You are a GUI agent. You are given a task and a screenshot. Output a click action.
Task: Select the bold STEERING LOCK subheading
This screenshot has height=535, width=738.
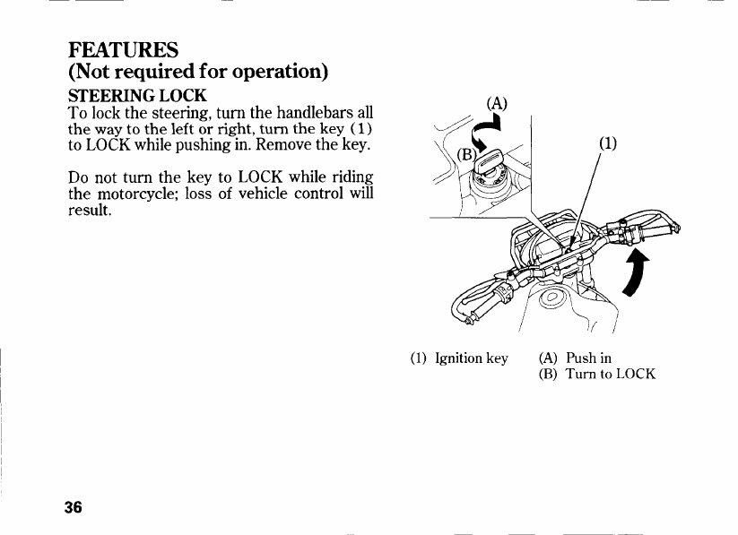(137, 94)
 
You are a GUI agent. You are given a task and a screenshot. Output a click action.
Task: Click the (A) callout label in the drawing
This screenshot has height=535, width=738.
(497, 102)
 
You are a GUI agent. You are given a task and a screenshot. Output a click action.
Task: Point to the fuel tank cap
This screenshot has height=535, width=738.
(552, 299)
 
